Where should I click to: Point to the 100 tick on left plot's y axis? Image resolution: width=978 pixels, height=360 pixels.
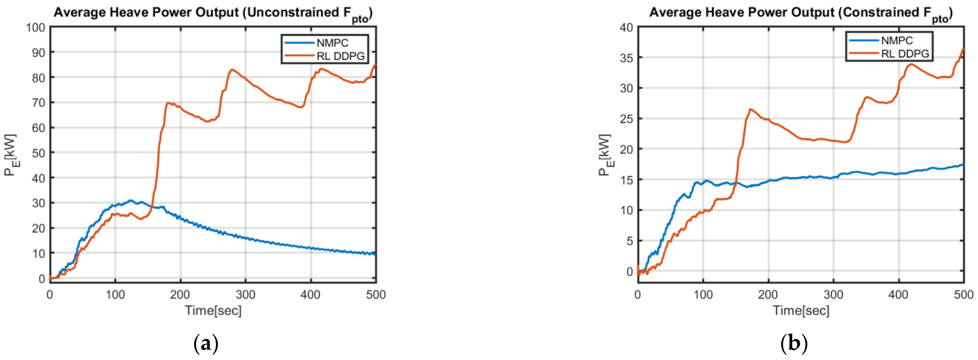click(35, 27)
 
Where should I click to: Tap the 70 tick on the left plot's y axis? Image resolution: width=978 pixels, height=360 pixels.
click(38, 102)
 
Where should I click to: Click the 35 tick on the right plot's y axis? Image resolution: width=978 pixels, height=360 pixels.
click(626, 58)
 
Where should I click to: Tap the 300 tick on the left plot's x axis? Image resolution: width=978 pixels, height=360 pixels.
click(245, 295)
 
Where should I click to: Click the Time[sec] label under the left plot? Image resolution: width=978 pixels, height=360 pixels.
click(213, 311)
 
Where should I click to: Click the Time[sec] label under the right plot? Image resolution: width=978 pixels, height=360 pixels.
click(801, 311)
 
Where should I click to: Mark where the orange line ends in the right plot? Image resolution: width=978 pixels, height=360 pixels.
click(963, 49)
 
